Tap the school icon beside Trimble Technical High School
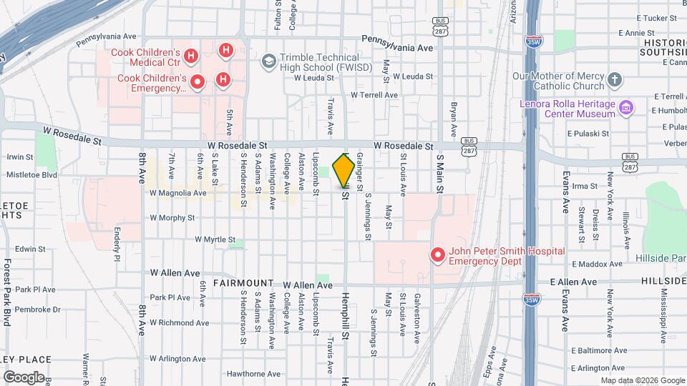pyautogui.click(x=268, y=61)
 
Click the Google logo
pyautogui.click(x=24, y=377)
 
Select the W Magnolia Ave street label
pyautogui.click(x=172, y=193)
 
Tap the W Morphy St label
pyautogui.click(x=172, y=217)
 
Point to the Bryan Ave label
pyautogui.click(x=453, y=119)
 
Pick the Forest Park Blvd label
pyautogui.click(x=8, y=293)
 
